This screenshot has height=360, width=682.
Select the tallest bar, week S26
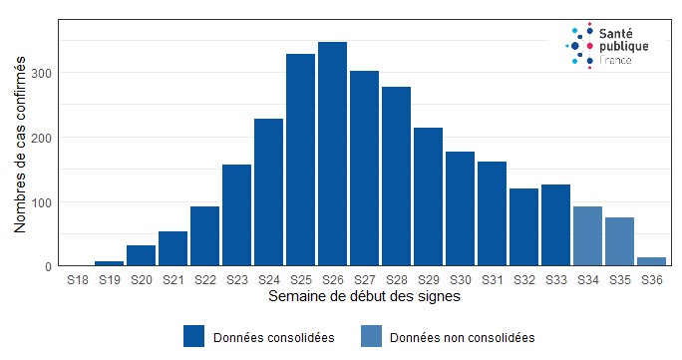click(332, 155)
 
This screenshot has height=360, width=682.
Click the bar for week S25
click(300, 161)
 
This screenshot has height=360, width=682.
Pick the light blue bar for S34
click(587, 236)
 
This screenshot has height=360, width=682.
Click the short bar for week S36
click(651, 261)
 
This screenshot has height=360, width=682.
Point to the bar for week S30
click(460, 209)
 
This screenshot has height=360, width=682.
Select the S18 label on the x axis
click(77, 282)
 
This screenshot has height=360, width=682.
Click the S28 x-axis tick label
click(396, 282)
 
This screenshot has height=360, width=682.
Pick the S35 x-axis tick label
click(619, 282)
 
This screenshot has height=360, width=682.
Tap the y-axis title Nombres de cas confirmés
click(21, 146)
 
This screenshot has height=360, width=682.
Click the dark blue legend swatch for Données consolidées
click(194, 337)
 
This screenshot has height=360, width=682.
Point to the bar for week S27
click(364, 169)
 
